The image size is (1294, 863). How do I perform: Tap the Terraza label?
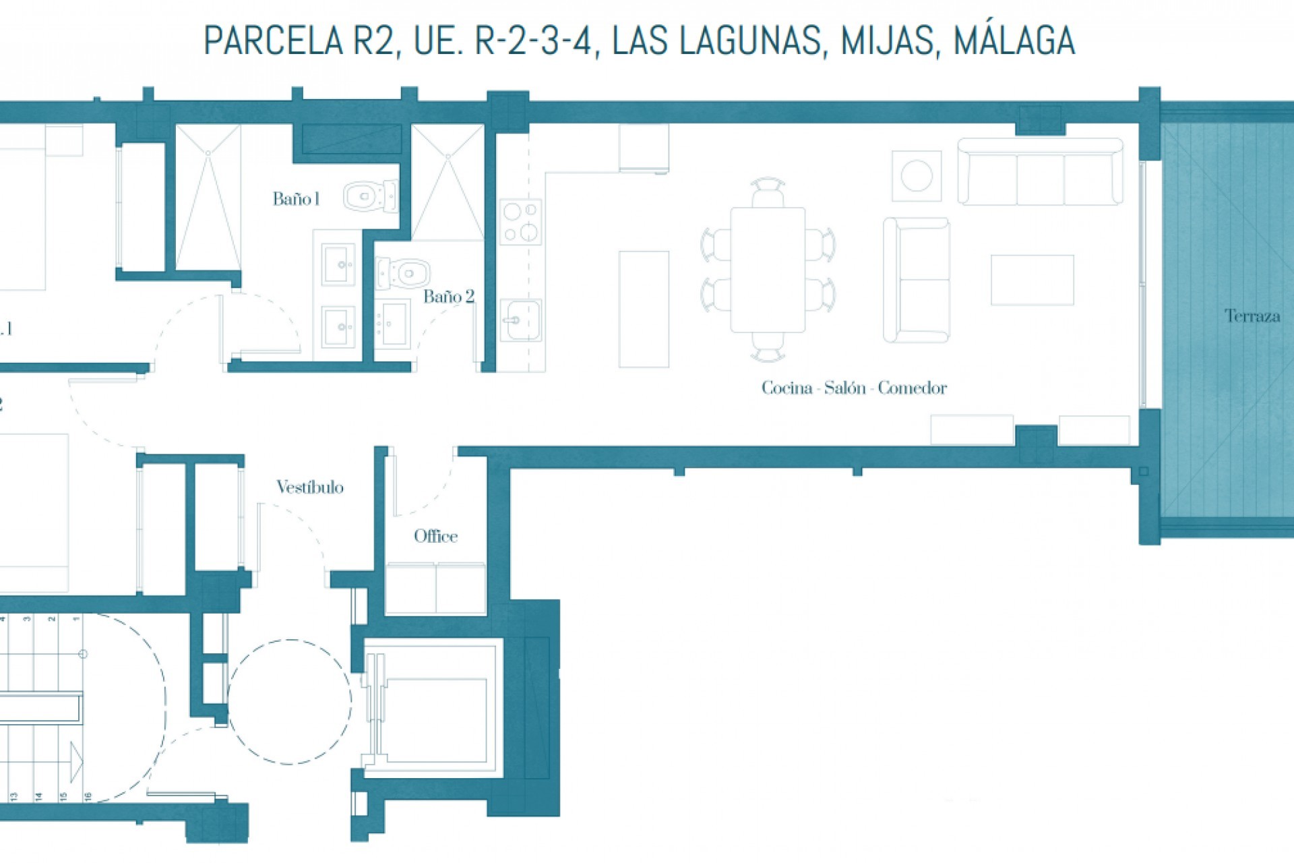pos(1252,316)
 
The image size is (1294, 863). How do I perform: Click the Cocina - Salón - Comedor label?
pos(854,388)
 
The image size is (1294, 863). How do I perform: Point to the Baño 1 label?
pos(295,199)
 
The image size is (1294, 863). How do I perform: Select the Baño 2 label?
pos(449,297)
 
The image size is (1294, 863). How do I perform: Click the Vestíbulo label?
pos(309,487)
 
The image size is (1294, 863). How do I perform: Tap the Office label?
pos(435,536)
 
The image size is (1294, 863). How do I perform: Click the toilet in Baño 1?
pos(370,196)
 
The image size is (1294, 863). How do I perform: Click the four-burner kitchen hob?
pos(520,222)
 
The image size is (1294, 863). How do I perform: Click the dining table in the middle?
pos(768,270)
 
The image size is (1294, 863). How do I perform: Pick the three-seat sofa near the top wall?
pos(1040,173)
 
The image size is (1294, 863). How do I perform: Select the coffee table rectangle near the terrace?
pos(1032,280)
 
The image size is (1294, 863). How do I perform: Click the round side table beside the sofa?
pos(916,177)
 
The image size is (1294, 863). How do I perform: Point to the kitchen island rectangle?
pos(644,309)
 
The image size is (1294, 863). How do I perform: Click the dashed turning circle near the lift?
pos(289,701)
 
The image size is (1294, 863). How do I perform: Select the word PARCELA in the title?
pos(273,40)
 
